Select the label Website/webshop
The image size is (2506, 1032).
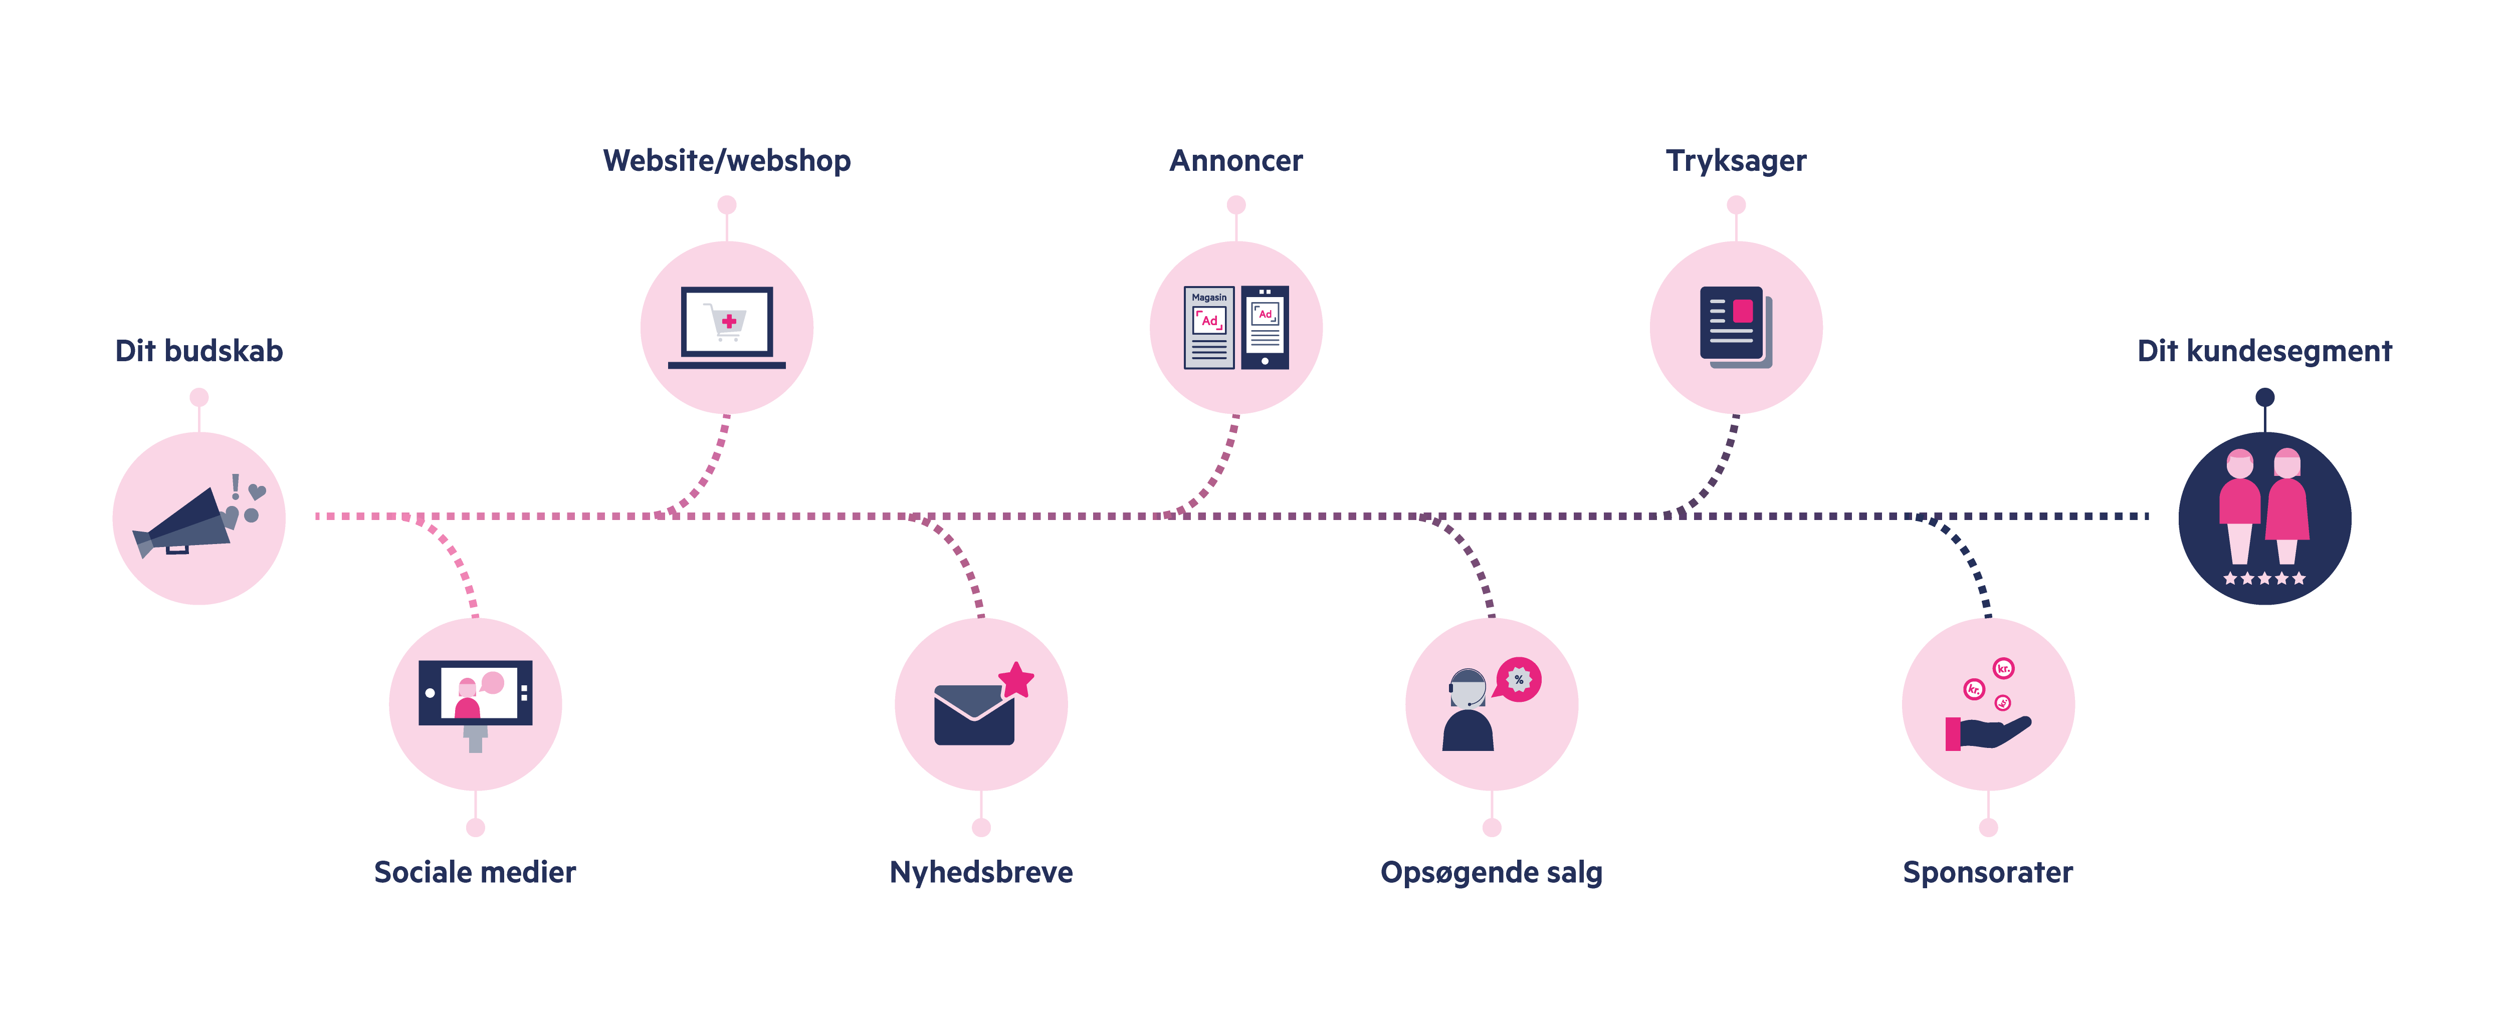[x=727, y=160]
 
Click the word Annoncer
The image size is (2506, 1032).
[x=1235, y=160]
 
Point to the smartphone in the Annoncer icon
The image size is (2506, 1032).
[x=1265, y=327]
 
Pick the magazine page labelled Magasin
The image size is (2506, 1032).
[x=1208, y=327]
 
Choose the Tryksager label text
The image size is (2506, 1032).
[x=1736, y=160]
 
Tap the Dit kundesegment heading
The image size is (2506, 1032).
[x=2264, y=351]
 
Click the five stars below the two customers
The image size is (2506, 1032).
[x=2264, y=579]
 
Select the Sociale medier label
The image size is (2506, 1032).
[x=475, y=873]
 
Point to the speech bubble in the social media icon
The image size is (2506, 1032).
[x=493, y=683]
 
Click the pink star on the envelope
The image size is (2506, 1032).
[x=1016, y=679]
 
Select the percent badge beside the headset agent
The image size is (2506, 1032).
[x=1519, y=679]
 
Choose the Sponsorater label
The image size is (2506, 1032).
[x=1987, y=873]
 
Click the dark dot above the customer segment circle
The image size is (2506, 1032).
[x=2265, y=397]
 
